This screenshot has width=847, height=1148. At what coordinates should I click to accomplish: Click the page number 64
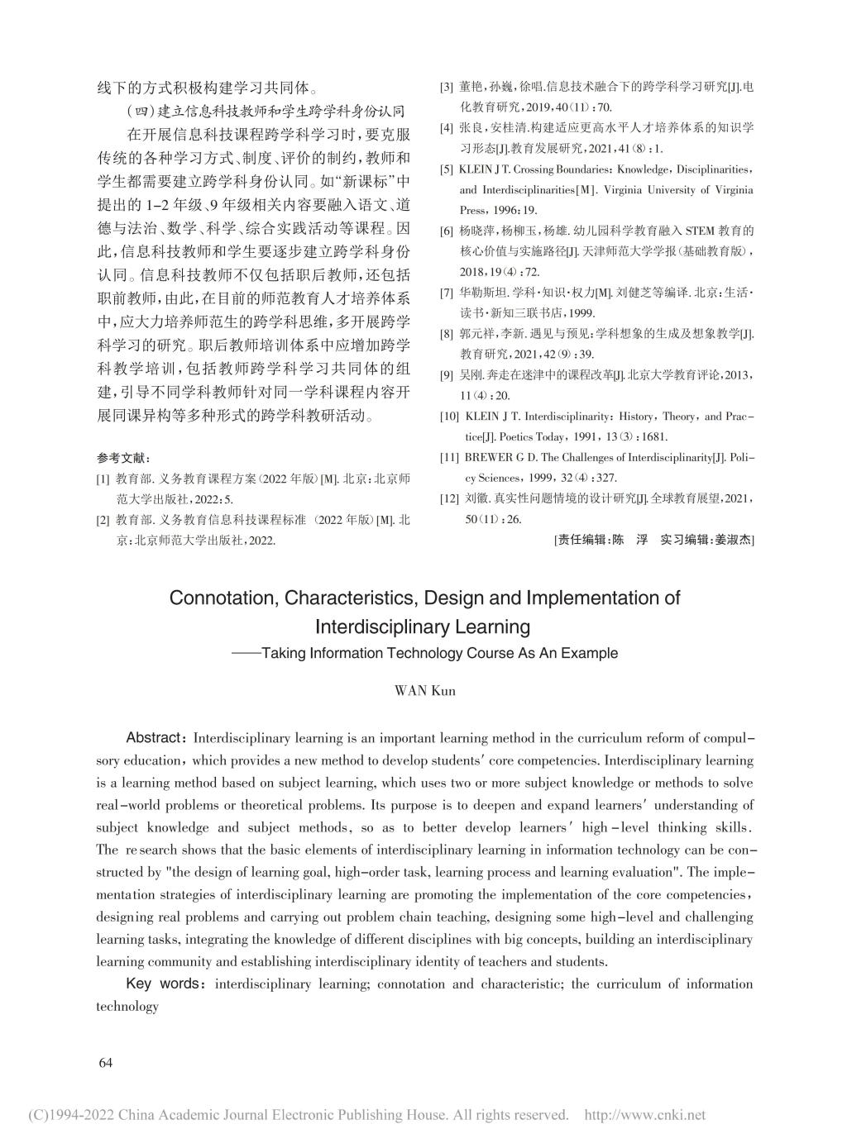click(x=105, y=1062)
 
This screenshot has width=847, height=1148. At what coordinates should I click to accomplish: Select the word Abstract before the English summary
click(x=154, y=737)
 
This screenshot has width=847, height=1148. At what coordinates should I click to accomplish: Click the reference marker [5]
click(x=446, y=169)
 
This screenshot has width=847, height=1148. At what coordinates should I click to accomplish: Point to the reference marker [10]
click(x=449, y=417)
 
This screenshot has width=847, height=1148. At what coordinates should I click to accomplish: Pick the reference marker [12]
click(x=449, y=499)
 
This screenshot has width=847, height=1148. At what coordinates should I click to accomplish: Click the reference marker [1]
click(x=103, y=479)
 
